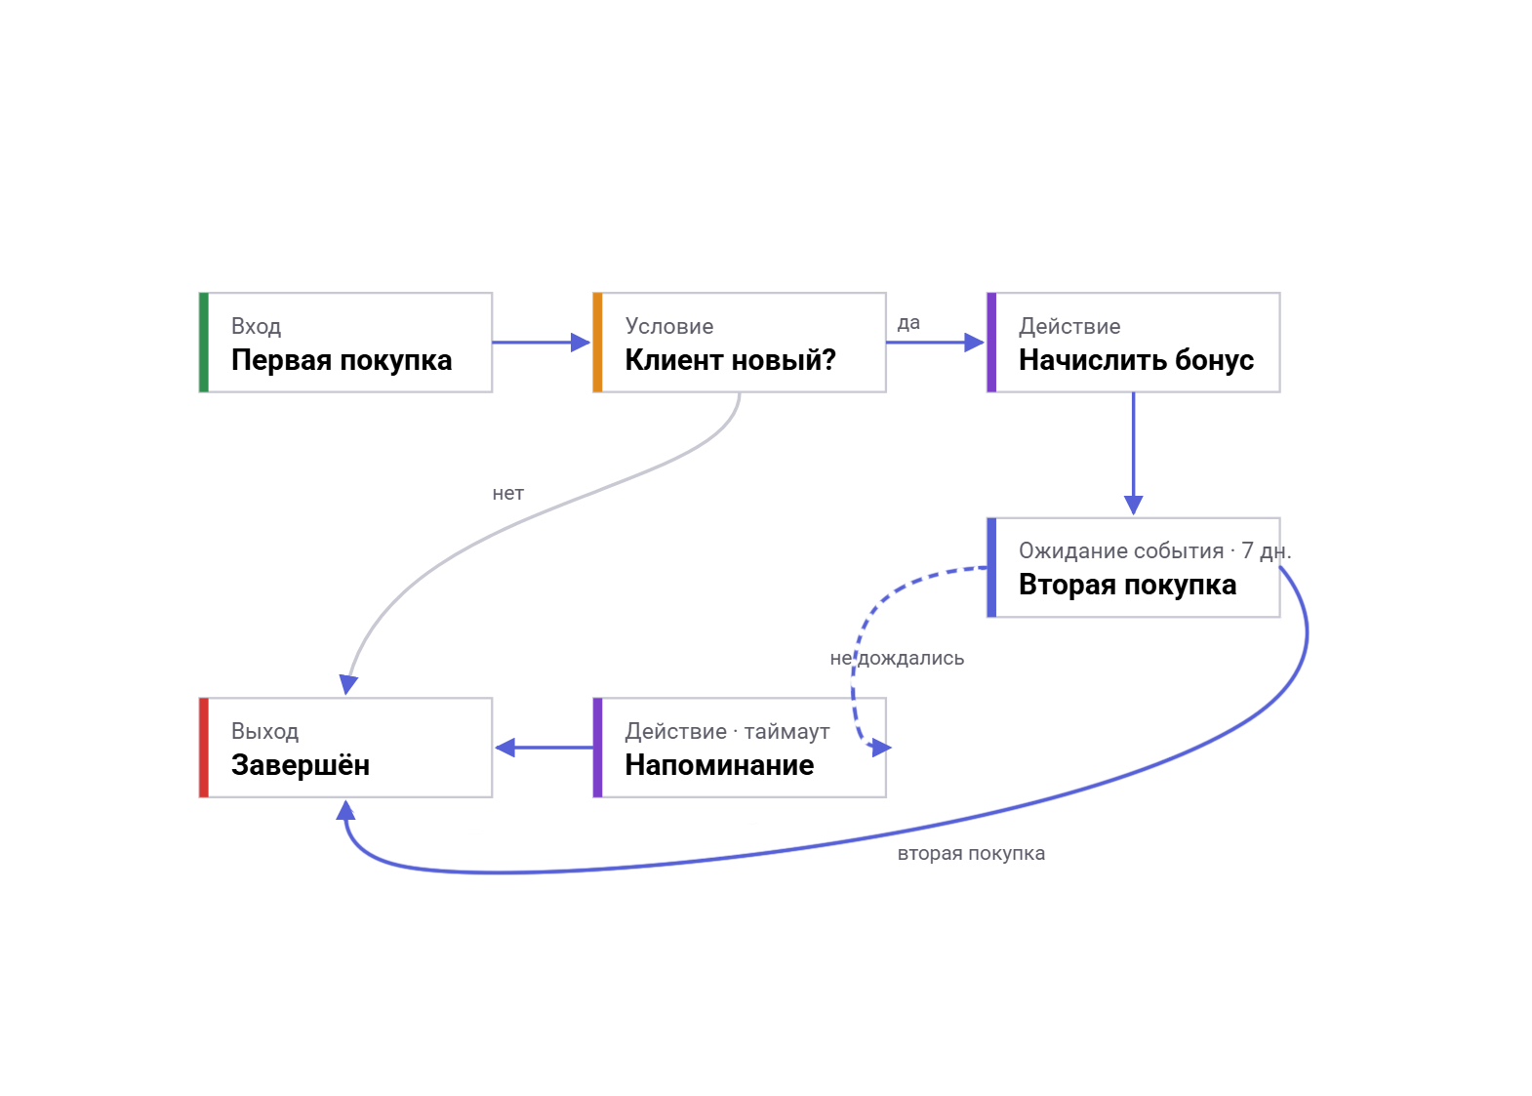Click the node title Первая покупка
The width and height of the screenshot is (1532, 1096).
(x=342, y=360)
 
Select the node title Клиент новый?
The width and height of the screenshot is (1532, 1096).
(x=730, y=360)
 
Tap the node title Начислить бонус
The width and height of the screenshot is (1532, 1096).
(x=1136, y=360)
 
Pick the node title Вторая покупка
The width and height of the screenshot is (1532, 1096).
(x=1127, y=585)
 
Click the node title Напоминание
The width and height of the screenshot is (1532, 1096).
(x=719, y=765)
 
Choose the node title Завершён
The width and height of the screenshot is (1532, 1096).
(x=301, y=765)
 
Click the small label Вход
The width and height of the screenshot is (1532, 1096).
(x=256, y=326)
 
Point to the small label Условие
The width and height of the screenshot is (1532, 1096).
(x=668, y=326)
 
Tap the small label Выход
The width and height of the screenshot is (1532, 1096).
(x=264, y=731)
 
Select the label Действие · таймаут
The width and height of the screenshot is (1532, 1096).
(x=727, y=731)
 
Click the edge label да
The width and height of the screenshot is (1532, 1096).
(x=908, y=323)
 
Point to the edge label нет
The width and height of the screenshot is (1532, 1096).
(x=507, y=493)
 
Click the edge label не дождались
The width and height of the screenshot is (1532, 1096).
(x=897, y=658)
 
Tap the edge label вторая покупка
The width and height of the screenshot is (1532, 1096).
(x=971, y=854)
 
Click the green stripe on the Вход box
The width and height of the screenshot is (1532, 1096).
(x=204, y=343)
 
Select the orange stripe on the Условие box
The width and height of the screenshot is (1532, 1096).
(x=598, y=343)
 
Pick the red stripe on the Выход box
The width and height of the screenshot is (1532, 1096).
(x=204, y=748)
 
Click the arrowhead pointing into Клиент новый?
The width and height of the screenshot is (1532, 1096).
(x=580, y=342)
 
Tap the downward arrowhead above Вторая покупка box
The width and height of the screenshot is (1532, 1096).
(x=1133, y=505)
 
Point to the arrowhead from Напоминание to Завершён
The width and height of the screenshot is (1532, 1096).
(x=504, y=748)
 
